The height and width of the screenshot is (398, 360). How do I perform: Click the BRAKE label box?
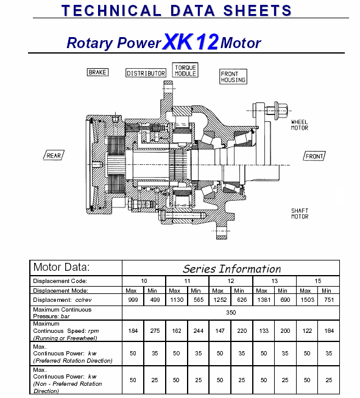[x=97, y=72]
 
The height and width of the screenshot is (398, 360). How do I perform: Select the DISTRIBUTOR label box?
[x=146, y=73]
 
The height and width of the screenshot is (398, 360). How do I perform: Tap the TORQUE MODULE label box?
[x=185, y=70]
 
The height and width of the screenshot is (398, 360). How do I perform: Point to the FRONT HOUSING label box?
[x=233, y=77]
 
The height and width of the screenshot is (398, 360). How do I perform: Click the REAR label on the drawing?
[x=54, y=155]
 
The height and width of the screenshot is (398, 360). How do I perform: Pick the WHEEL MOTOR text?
[x=300, y=125]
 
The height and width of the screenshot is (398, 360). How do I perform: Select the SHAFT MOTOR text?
[x=300, y=214]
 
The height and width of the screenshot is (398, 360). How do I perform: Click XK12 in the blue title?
[x=191, y=41]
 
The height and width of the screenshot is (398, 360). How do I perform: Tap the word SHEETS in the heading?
[x=257, y=10]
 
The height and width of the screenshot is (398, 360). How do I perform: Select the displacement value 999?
[x=133, y=300]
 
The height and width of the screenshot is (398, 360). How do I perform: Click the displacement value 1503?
[x=307, y=300]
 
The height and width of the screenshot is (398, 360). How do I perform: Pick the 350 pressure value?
[x=231, y=312]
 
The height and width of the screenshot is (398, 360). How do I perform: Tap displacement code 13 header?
[x=274, y=281]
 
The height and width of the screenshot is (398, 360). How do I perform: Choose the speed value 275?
[x=155, y=330]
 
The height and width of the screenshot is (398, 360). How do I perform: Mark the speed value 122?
[x=307, y=330]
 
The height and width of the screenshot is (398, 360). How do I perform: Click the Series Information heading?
[x=231, y=268]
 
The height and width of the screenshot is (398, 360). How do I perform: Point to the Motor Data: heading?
[x=62, y=267]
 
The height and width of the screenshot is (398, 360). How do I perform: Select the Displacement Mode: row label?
[x=60, y=291]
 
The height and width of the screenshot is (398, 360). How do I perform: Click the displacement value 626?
[x=242, y=300]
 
